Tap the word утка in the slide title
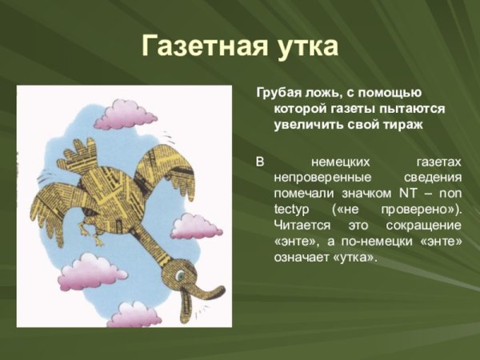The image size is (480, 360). coord(306,46)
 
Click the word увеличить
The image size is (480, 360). coord(307,126)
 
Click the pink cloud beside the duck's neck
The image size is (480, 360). coord(194,226)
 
